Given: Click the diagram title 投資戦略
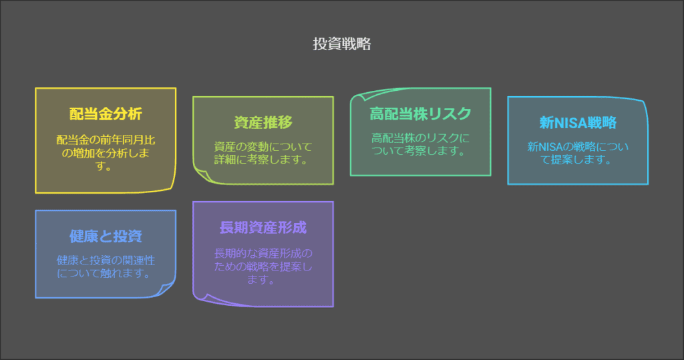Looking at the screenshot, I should pyautogui.click(x=341, y=45).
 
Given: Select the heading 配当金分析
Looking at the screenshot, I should pyautogui.click(x=106, y=114).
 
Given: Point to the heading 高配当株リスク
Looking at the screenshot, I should pyautogui.click(x=420, y=114).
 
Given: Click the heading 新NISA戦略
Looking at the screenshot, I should pyautogui.click(x=578, y=123).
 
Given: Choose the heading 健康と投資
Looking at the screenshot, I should pyautogui.click(x=106, y=236).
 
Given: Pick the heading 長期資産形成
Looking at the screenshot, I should pyautogui.click(x=263, y=227).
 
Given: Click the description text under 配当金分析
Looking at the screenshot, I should pyautogui.click(x=106, y=153).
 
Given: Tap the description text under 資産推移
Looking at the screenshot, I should pyautogui.click(x=263, y=153).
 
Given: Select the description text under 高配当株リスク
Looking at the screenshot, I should pyautogui.click(x=420, y=144).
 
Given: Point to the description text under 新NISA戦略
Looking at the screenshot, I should pyautogui.click(x=578, y=153).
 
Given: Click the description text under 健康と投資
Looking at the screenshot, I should pyautogui.click(x=106, y=266).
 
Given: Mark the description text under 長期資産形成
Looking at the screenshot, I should pyautogui.click(x=263, y=266).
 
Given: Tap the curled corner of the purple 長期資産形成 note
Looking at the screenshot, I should pyautogui.click(x=200, y=298).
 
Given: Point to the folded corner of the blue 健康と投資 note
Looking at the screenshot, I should pyautogui.click(x=168, y=290).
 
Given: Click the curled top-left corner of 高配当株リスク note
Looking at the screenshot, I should pyautogui.click(x=358, y=95).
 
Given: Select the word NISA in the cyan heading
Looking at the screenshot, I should pyautogui.click(x=572, y=123).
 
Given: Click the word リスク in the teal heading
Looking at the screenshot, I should pyautogui.click(x=455, y=114).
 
